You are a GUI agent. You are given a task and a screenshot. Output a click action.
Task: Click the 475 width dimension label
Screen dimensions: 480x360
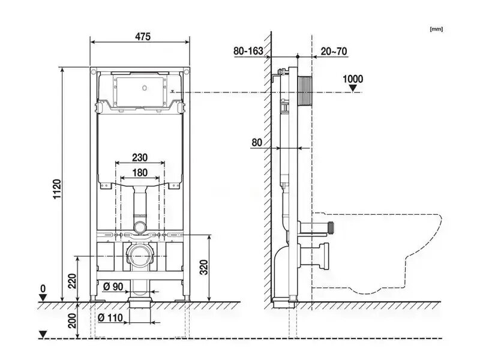point(143,37)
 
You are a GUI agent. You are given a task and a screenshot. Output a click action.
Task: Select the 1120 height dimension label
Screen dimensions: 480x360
point(57,189)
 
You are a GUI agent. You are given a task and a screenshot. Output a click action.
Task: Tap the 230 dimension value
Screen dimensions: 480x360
point(140,157)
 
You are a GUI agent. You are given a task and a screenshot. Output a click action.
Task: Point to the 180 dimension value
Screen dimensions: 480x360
point(140,173)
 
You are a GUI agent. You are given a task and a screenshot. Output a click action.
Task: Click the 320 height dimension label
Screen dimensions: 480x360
point(204,267)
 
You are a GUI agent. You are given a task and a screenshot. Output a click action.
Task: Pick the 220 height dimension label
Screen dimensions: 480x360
point(73,281)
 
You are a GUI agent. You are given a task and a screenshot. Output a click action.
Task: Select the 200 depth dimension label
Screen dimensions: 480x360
point(73,320)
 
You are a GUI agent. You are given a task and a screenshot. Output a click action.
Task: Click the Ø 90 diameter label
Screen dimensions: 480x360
point(113,287)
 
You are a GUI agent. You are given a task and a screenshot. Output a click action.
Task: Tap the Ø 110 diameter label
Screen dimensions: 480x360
point(110,317)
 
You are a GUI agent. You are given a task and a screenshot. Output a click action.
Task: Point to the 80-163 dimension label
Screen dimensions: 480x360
point(248,51)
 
